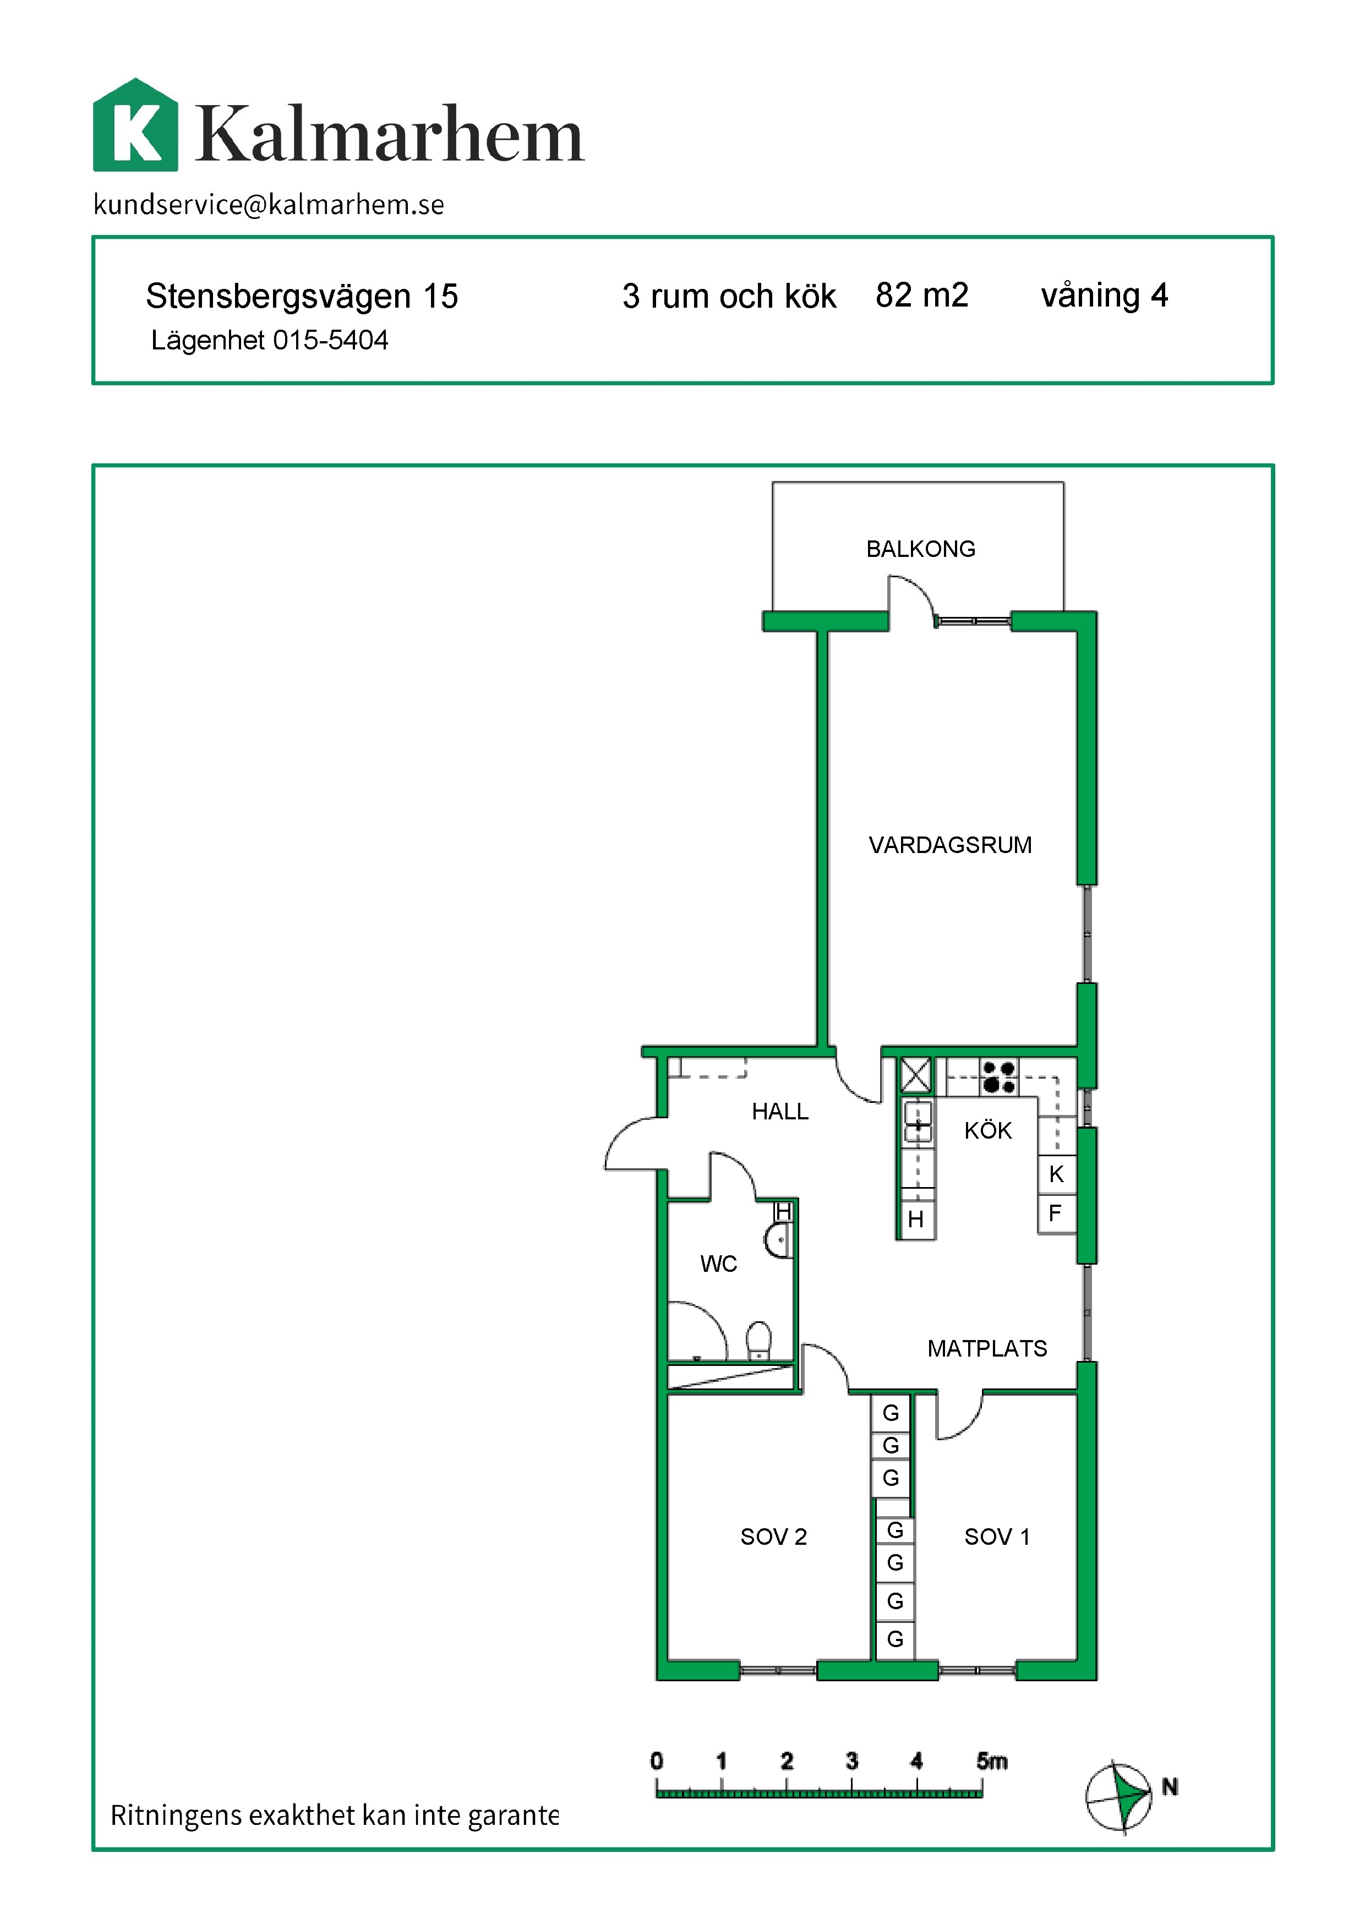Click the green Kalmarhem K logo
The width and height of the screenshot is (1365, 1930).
coord(135,125)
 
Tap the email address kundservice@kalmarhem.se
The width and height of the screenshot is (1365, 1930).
coord(269,204)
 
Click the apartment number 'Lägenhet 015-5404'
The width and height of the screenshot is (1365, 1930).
coord(269,341)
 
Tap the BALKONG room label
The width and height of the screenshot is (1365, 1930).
coord(920,549)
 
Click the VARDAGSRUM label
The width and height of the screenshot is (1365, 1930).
coord(950,845)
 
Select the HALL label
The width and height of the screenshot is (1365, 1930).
coord(780,1111)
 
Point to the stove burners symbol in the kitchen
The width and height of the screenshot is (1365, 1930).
coord(998,1077)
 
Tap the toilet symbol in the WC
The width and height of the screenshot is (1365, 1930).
coord(759,1341)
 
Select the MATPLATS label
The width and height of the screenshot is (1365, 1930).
coord(987,1348)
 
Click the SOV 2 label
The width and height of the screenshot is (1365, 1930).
coord(773,1537)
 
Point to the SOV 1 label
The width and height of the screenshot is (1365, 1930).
coord(997,1537)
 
